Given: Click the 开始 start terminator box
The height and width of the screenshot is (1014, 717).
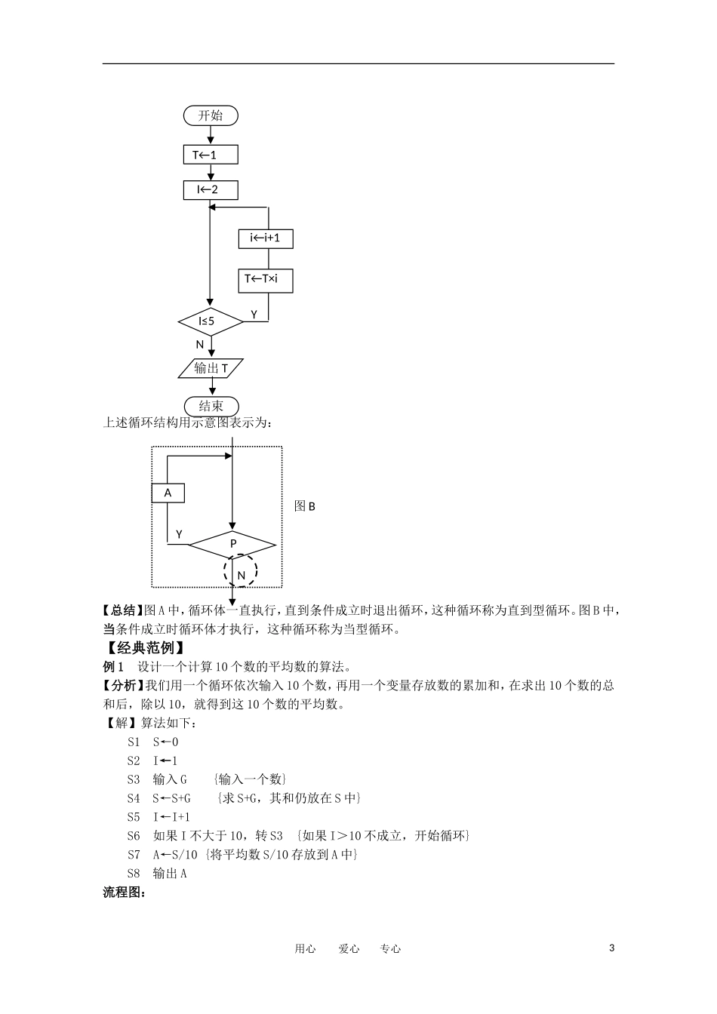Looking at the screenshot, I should (x=211, y=115).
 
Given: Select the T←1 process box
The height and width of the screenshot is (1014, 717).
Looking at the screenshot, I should (x=211, y=155).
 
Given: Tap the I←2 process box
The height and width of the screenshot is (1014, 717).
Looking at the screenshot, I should (x=211, y=189).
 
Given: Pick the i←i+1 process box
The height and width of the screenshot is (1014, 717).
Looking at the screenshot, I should (x=265, y=238).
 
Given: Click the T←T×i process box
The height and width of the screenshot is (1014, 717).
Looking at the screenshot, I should (x=265, y=280).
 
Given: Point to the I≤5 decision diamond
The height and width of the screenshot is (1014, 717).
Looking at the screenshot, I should (x=211, y=321).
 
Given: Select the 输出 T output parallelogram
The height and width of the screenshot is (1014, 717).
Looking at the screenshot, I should (x=211, y=368).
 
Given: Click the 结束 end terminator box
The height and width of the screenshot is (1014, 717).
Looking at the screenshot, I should (x=211, y=406).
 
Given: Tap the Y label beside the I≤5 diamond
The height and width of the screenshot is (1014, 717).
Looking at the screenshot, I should (x=254, y=315).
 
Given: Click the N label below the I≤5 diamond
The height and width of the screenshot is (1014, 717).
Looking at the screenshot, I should (x=200, y=344).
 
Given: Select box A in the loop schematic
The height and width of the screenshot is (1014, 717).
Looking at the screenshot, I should (x=168, y=493).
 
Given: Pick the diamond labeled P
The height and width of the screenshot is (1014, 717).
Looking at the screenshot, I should (x=232, y=543).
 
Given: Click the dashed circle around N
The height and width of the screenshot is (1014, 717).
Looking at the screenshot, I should (x=241, y=573).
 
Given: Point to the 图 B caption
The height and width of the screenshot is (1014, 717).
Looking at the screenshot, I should (x=305, y=506).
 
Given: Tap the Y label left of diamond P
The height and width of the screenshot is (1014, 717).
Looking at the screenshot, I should (x=180, y=534).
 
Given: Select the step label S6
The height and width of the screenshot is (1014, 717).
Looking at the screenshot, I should (x=134, y=836).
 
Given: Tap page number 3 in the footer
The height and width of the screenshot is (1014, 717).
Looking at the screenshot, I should (x=611, y=948).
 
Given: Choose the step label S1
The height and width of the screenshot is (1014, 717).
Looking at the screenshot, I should (x=134, y=742).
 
